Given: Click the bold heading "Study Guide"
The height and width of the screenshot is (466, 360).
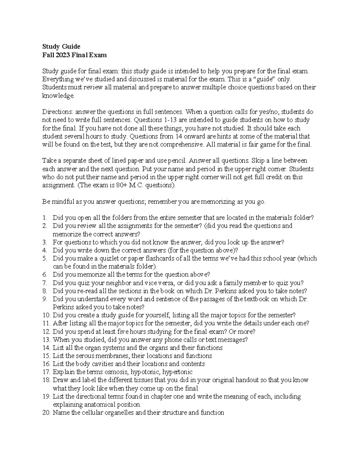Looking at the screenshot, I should click(61, 47).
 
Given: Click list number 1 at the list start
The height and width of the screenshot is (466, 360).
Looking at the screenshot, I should click(45, 218).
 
